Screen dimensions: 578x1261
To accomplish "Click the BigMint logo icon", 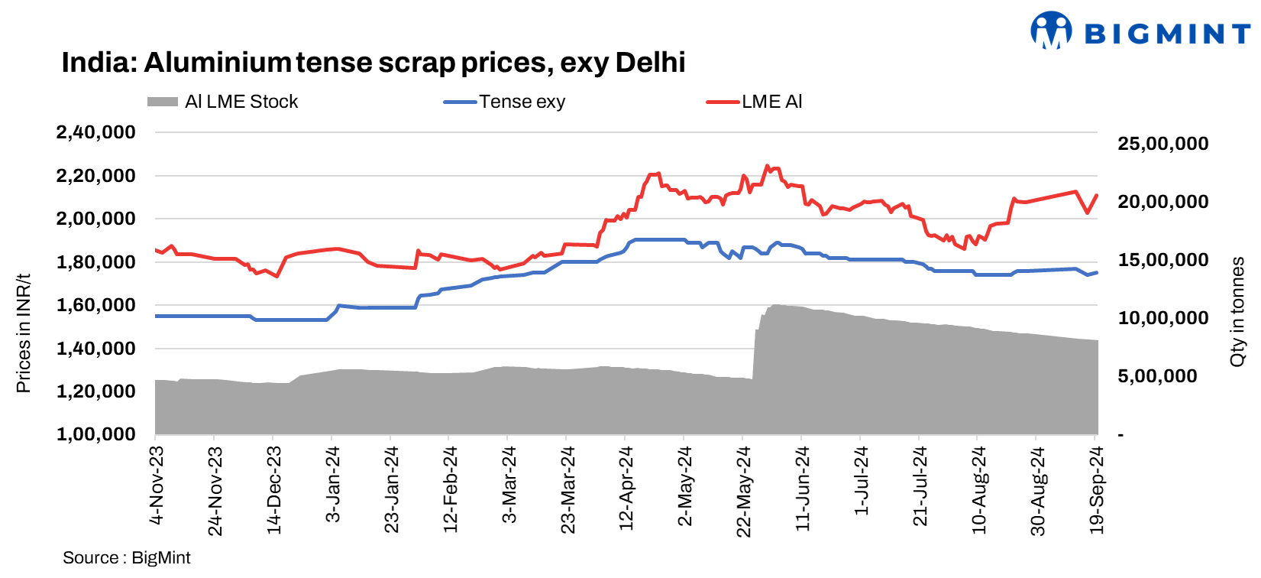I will click(1051, 31).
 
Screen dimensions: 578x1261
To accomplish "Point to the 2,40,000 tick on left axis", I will click(95, 132).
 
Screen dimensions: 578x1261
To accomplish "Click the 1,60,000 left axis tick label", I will click(95, 305).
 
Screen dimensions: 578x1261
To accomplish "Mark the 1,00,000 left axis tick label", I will click(95, 434).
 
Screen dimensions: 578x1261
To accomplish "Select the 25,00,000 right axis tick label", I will click(1162, 144).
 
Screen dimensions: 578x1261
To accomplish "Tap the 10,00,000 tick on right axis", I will click(1162, 318).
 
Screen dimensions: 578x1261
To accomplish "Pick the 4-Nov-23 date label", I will click(157, 485).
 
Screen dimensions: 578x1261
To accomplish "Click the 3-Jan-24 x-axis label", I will click(333, 485).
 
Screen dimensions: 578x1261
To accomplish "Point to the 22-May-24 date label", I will click(744, 492).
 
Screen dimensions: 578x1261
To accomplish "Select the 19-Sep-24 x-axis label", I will click(1097, 490).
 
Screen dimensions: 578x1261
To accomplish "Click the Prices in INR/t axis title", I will click(23, 333).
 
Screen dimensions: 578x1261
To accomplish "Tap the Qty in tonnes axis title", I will click(1237, 312).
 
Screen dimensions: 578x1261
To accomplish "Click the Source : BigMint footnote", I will click(126, 558).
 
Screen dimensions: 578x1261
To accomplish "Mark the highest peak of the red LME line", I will click(767, 165).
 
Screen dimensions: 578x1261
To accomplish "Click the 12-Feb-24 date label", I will click(451, 489).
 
